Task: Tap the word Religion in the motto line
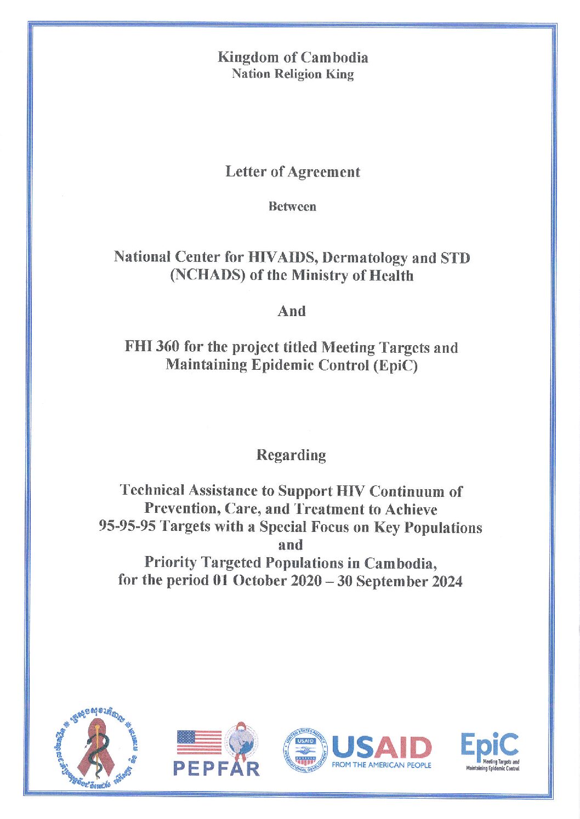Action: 297,74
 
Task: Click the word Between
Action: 292,207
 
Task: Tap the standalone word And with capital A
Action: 291,311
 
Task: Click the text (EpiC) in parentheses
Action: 395,365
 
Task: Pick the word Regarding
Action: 291,455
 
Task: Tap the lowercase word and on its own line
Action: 291,545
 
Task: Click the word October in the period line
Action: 259,581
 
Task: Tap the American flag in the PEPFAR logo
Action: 199,742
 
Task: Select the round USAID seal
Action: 305,749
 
